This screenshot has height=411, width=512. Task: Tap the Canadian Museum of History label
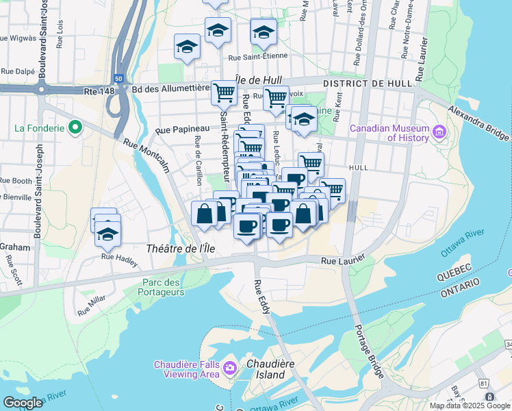(x=389, y=133)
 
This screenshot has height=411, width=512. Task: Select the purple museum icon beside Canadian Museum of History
(x=439, y=130)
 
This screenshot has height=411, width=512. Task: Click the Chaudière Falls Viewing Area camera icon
(x=229, y=369)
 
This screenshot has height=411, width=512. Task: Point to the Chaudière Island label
(x=266, y=369)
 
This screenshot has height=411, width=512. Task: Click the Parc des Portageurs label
(x=164, y=287)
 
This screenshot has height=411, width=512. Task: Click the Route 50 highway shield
(x=118, y=79)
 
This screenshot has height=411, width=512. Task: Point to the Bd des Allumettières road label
(x=170, y=88)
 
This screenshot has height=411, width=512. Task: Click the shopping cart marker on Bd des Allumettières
(x=224, y=92)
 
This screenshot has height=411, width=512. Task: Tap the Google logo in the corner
(x=23, y=403)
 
